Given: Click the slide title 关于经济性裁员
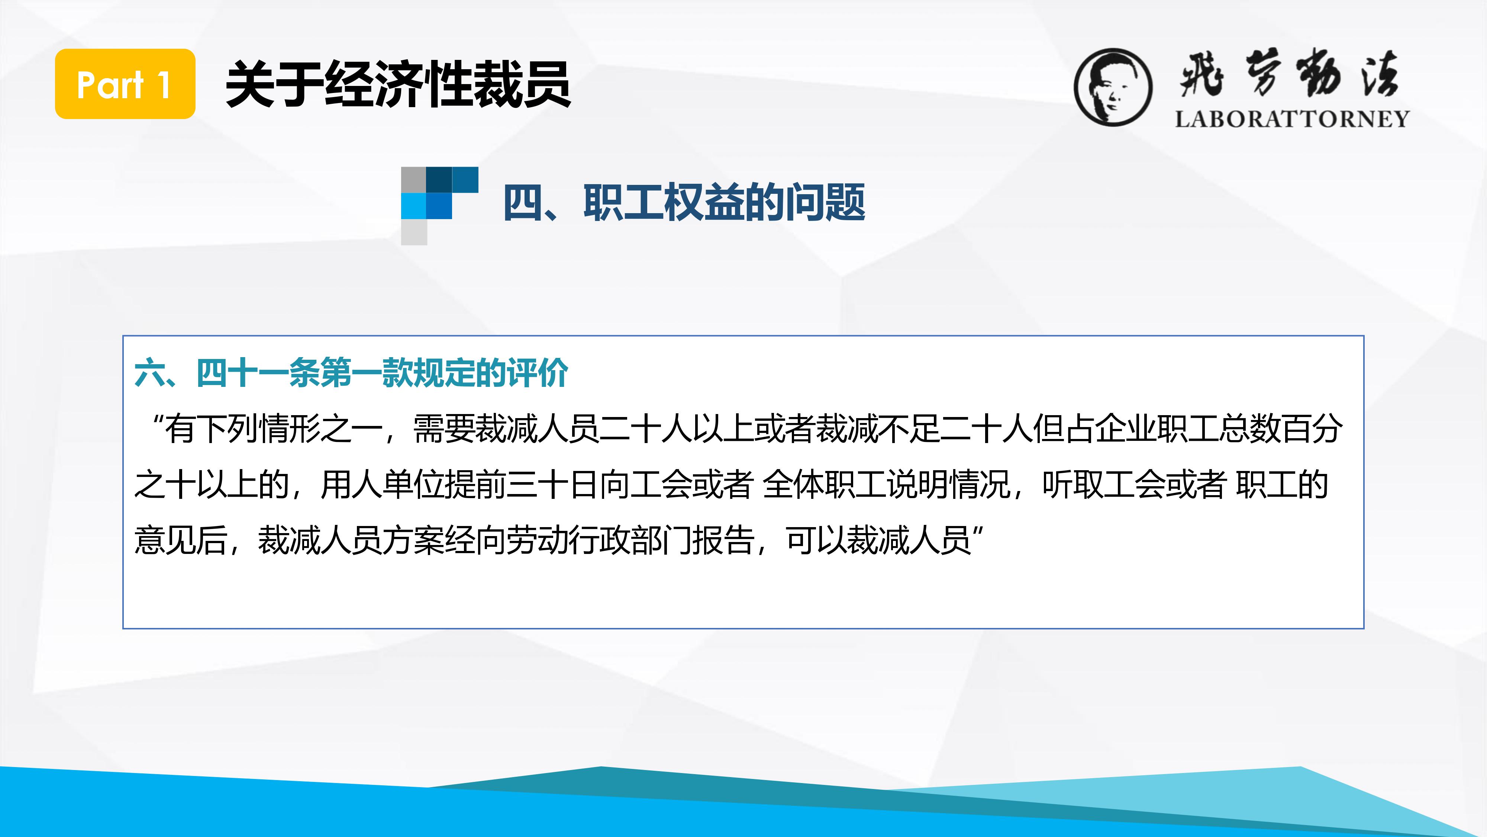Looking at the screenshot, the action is coord(398,84).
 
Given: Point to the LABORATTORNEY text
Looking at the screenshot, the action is coord(1292,119).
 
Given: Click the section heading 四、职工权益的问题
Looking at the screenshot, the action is coord(684,202).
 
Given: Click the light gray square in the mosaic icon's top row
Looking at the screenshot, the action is coord(413,180).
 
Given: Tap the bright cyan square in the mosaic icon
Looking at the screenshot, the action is coord(413,206).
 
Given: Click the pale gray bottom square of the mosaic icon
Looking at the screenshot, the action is coord(414,232).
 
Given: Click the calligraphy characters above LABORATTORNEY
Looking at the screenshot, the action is coord(1290,74).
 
